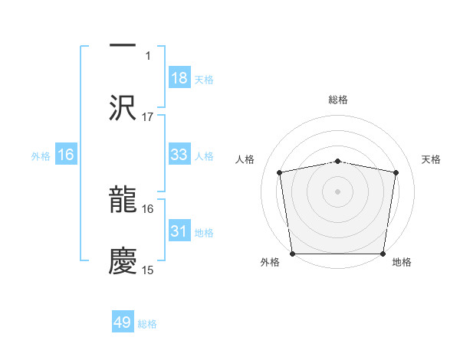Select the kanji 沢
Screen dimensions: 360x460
coord(123,107)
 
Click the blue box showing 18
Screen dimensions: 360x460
coord(179,78)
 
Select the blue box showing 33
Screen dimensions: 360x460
coord(179,155)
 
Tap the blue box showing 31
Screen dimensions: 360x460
coord(179,231)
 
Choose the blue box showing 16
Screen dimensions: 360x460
coord(66,155)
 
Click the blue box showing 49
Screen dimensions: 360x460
coord(123,322)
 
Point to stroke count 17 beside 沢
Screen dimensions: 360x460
coord(148,117)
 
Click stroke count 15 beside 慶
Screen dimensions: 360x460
coord(148,270)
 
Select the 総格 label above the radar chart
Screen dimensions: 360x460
coord(338,100)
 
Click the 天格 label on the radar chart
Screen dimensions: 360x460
coord(432,159)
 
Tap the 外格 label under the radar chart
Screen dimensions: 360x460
coord(270,263)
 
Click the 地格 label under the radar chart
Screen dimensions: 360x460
coord(402,263)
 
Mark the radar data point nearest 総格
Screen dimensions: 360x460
coord(338,161)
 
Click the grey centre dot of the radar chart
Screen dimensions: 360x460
coord(338,191)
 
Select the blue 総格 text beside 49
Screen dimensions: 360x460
coord(148,324)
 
